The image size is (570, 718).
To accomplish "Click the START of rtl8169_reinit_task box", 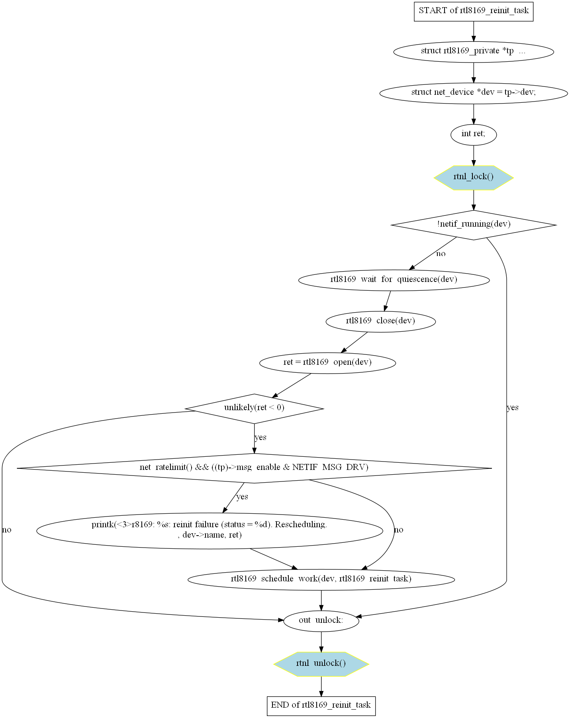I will [x=473, y=11].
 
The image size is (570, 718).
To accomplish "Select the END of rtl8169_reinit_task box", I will [x=321, y=705].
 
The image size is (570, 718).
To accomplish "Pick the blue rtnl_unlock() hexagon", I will [x=321, y=663].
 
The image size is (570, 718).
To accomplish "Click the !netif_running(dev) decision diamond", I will [x=473, y=224].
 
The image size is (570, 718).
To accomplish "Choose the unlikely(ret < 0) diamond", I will [x=254, y=408].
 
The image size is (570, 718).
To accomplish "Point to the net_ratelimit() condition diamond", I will [x=254, y=468].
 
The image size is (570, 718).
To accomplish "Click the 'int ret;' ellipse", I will [x=473, y=134].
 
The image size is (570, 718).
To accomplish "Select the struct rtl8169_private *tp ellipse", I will [x=473, y=51].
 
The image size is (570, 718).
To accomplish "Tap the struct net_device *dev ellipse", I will [x=473, y=93].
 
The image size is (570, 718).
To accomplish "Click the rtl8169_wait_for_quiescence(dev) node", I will [x=394, y=280].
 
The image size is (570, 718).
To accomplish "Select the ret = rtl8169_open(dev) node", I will [x=327, y=362].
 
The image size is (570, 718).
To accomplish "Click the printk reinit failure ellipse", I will [x=210, y=530].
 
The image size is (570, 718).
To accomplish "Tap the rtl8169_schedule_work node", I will [x=321, y=579].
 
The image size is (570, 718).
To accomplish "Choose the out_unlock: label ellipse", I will [x=321, y=620].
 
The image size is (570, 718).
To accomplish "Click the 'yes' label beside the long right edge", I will [x=513, y=407].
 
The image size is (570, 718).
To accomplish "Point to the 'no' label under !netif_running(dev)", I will [x=441, y=254].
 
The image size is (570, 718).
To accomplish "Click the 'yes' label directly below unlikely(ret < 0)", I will [x=261, y=437].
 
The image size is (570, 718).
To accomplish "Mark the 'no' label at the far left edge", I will [x=7, y=530].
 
